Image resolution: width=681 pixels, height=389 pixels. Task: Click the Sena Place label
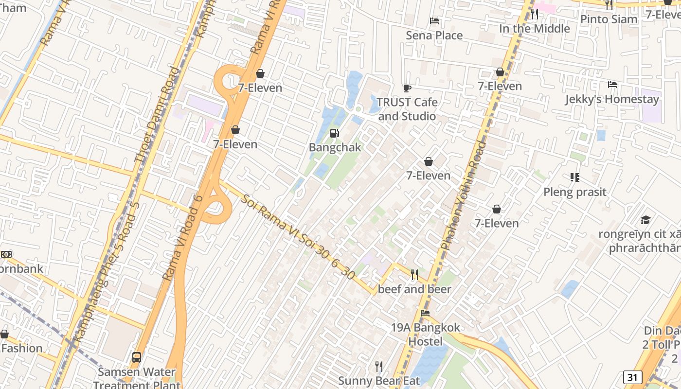click(x=434, y=35)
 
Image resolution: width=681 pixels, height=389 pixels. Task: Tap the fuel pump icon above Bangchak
click(x=335, y=133)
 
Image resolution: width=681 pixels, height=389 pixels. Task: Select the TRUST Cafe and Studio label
click(x=407, y=109)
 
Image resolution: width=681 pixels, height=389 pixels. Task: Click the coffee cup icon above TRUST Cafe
click(x=407, y=88)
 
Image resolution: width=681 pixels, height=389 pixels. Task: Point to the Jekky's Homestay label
click(x=612, y=99)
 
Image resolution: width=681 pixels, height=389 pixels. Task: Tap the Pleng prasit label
click(x=574, y=192)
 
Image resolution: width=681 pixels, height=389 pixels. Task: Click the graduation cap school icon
click(x=645, y=220)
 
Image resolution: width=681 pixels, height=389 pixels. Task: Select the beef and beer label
click(x=414, y=289)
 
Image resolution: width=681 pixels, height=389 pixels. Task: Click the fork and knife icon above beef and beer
click(x=414, y=275)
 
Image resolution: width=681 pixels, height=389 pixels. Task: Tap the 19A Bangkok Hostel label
click(x=425, y=335)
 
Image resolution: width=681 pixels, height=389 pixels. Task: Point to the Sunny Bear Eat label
click(x=378, y=381)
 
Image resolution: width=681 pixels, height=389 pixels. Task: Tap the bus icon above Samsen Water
click(x=137, y=357)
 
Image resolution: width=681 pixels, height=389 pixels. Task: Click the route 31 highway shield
click(x=632, y=377)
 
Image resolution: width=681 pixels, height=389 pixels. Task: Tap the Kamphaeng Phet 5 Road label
click(x=106, y=272)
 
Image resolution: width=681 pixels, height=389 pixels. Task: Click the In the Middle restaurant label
click(x=534, y=29)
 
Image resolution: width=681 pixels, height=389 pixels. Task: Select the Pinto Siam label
click(x=609, y=19)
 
